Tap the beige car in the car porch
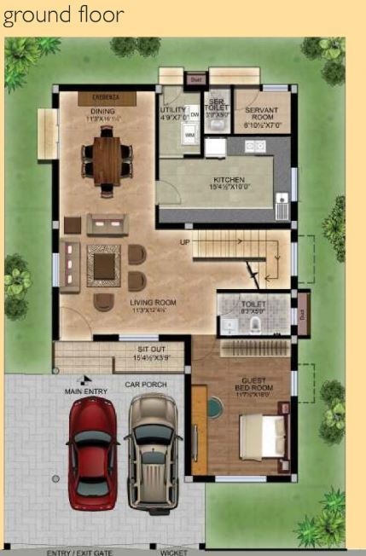[x=154, y=451]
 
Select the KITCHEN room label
[x=228, y=181]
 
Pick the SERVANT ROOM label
[x=262, y=114]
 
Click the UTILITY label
[x=172, y=111]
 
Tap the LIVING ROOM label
[x=153, y=302]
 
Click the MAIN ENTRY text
[x=86, y=391]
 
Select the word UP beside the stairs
[x=183, y=242]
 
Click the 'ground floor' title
[x=63, y=14]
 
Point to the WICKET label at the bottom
[x=173, y=552]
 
